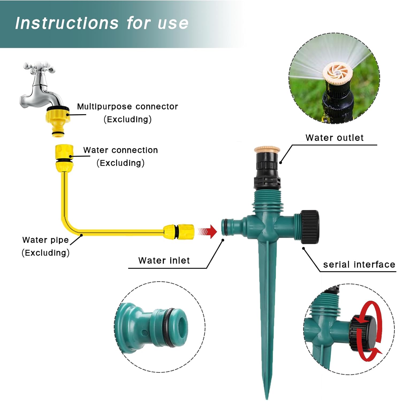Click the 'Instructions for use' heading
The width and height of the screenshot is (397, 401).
point(102,23)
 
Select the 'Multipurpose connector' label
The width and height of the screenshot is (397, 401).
point(127,107)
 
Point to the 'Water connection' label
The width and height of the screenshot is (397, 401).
point(120,150)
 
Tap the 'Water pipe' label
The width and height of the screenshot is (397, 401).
point(45,240)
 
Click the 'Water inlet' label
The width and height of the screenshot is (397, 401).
point(164,260)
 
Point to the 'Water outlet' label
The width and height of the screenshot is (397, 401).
point(334,138)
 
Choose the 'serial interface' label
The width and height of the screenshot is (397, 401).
point(359,265)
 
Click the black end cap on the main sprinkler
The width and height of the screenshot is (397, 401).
point(310,227)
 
